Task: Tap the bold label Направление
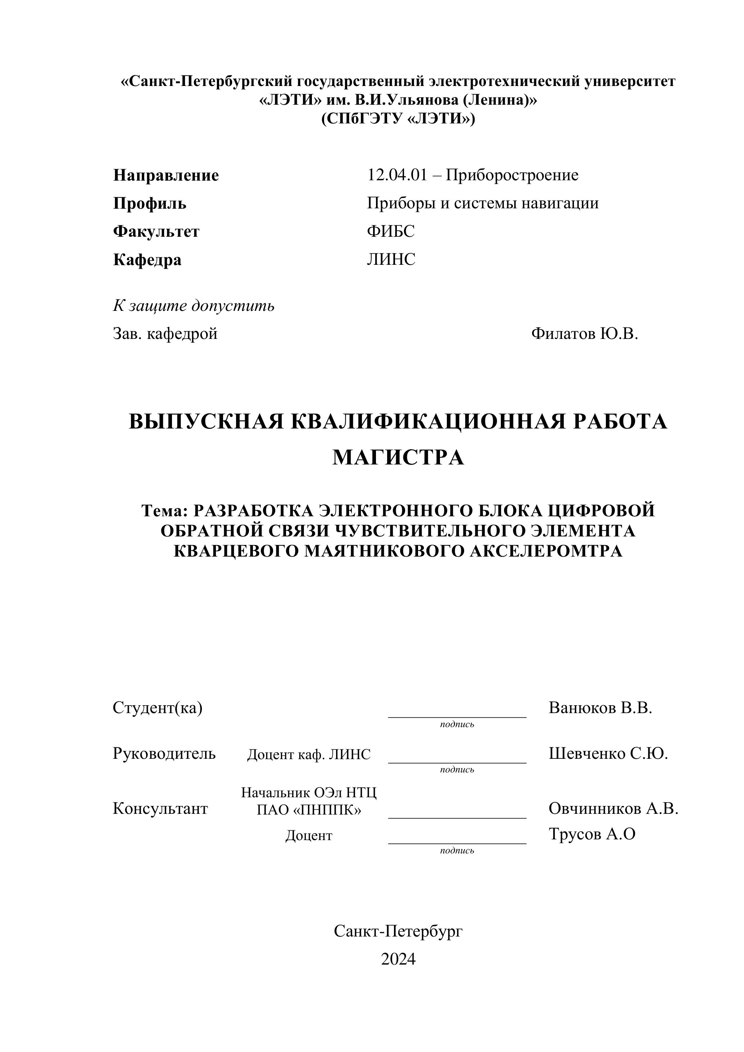pos(166,176)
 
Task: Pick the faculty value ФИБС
pos(390,231)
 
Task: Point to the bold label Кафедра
pos(147,260)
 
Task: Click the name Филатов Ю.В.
pos(585,334)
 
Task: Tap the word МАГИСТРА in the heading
pos(398,458)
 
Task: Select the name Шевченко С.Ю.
pos(608,754)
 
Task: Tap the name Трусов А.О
pos(592,834)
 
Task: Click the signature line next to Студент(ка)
pos(457,717)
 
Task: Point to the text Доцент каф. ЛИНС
pos(309,754)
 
